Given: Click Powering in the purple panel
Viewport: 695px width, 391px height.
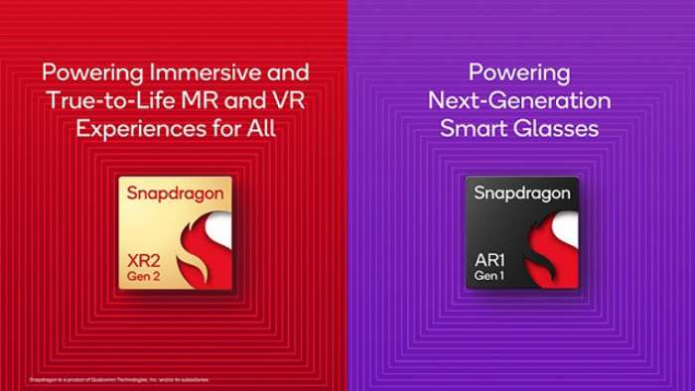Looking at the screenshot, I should (519, 72).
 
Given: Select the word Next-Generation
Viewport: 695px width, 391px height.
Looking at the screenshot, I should (519, 100).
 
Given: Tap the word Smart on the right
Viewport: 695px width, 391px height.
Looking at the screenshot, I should (475, 128).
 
